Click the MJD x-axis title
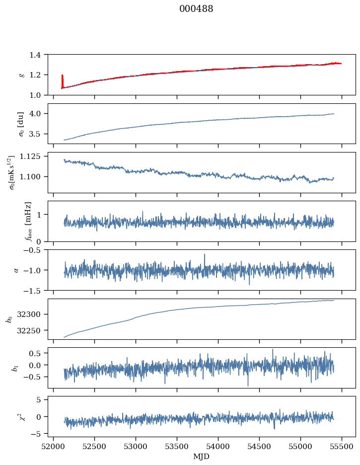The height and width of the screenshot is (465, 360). [x=202, y=457]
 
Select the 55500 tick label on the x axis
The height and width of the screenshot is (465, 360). [x=342, y=447]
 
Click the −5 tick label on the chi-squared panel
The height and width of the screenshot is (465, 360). [x=37, y=434]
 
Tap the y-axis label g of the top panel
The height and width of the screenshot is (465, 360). [x=21, y=75]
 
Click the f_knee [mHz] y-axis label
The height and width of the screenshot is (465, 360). [x=28, y=221]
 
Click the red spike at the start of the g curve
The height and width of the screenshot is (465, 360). [x=62, y=79]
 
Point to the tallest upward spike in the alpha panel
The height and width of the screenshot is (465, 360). [x=204, y=255]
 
